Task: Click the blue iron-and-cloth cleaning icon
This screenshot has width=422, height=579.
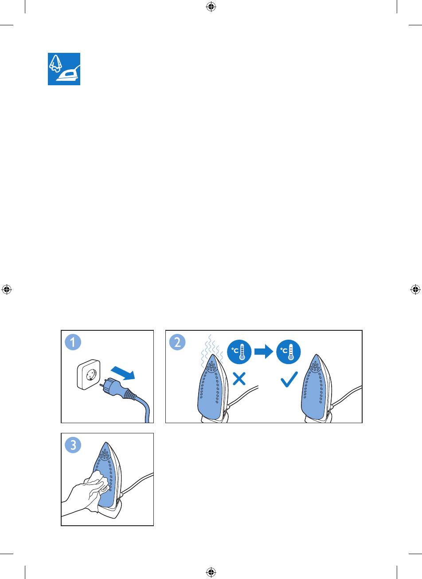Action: pyautogui.click(x=64, y=69)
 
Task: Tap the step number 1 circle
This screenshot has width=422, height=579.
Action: pyautogui.click(x=73, y=342)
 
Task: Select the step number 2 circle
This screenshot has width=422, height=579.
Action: pyautogui.click(x=177, y=342)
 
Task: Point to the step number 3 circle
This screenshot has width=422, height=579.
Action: pyautogui.click(x=73, y=445)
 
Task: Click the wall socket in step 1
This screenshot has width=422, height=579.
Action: pyautogui.click(x=89, y=374)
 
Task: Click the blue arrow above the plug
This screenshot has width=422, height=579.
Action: pyautogui.click(x=123, y=373)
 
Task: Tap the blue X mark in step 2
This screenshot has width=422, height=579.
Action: pyautogui.click(x=239, y=379)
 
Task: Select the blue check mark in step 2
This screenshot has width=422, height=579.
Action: pyautogui.click(x=289, y=379)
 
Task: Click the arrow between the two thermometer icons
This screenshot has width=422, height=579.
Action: pyautogui.click(x=264, y=352)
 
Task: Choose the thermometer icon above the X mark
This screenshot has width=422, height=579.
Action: pyautogui.click(x=239, y=352)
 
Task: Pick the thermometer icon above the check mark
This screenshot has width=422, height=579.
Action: pyautogui.click(x=288, y=352)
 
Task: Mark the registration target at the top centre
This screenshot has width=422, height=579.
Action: pyautogui.click(x=211, y=7)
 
